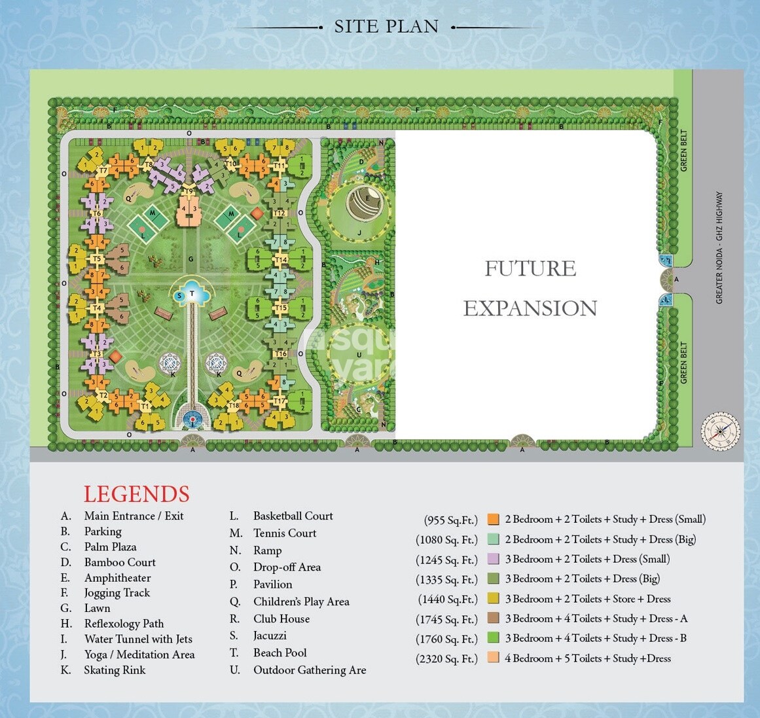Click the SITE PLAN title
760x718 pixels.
(386, 27)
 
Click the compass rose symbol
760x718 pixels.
(720, 431)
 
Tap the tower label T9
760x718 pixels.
(190, 190)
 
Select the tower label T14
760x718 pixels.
(281, 260)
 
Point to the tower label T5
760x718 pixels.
(97, 259)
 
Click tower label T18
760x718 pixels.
(234, 406)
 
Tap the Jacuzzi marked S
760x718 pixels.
(179, 296)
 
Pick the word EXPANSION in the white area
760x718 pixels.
(530, 308)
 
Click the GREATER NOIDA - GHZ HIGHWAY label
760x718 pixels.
(719, 247)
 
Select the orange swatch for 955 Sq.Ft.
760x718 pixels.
(493, 520)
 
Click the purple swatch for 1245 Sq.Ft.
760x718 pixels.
(493, 560)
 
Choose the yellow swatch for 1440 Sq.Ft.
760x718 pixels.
(493, 599)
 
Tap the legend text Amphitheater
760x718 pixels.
(117, 578)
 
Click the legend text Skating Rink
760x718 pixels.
(115, 670)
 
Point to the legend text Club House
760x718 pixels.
(281, 619)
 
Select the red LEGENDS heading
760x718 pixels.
(136, 494)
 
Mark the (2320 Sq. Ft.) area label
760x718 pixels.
(446, 659)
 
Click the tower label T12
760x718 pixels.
(280, 213)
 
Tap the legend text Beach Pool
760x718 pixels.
(280, 653)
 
